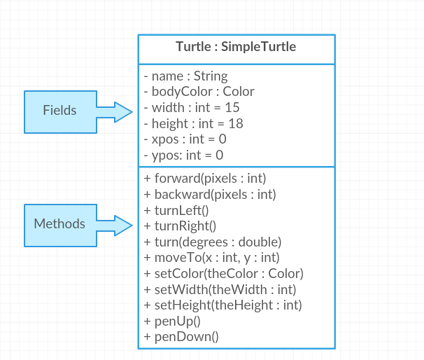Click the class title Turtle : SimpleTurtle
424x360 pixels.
tap(236, 48)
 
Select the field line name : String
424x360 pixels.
tap(185, 76)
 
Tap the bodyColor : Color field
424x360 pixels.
tap(199, 92)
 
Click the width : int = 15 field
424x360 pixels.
tap(192, 108)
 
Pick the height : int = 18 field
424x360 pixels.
tap(193, 124)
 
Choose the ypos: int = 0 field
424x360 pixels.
tap(183, 155)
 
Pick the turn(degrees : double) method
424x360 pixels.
tap(212, 242)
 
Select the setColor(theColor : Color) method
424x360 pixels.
tap(223, 273)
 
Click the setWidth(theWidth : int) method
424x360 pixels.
tap(220, 289)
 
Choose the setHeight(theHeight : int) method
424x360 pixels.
tap(223, 305)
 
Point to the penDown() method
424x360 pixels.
tap(181, 337)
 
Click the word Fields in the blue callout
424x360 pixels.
tap(59, 111)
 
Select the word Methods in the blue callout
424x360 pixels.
tap(59, 224)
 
